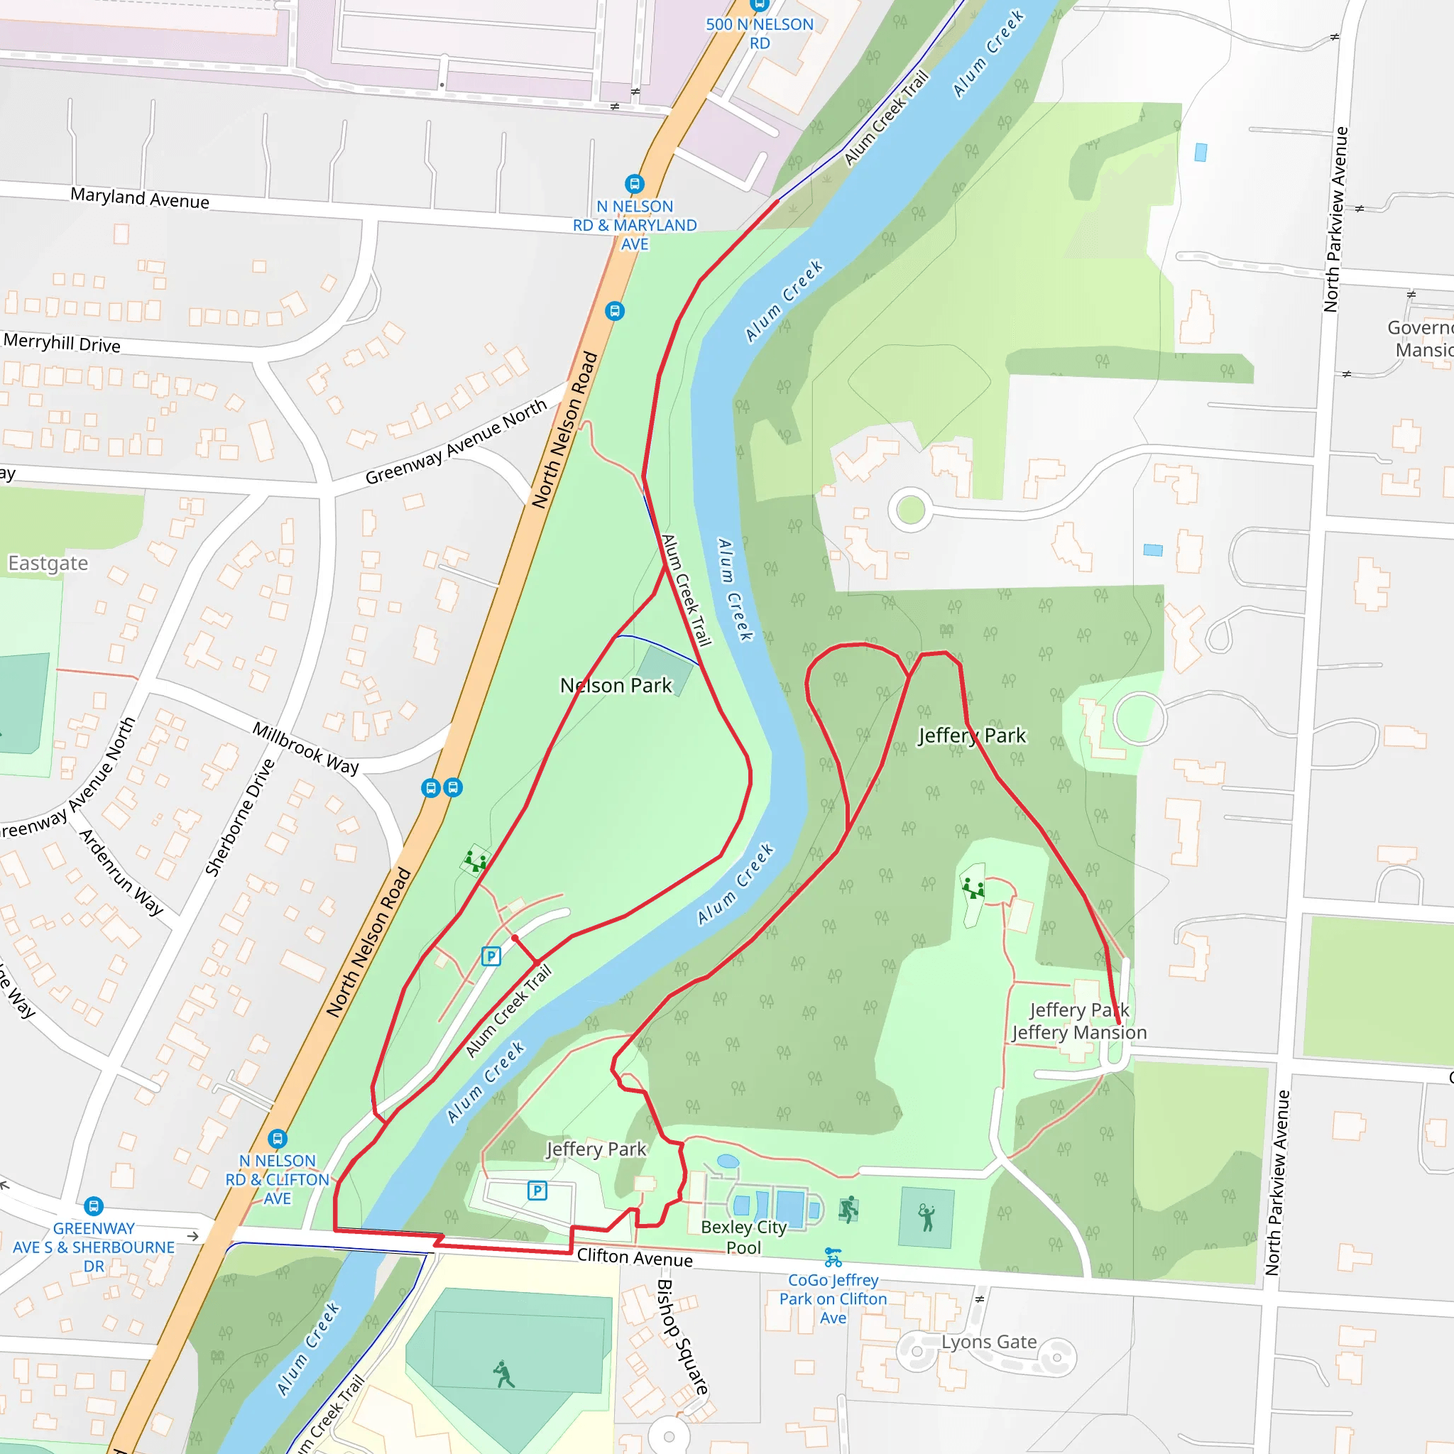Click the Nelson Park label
point(616,686)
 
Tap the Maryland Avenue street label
point(140,199)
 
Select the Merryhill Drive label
point(62,343)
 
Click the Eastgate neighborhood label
point(48,563)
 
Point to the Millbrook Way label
point(305,748)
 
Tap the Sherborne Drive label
point(240,818)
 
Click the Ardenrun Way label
point(121,873)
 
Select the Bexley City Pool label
point(743,1237)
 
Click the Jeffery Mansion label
point(1079,1033)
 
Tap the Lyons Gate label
point(989,1342)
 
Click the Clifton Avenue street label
point(635,1257)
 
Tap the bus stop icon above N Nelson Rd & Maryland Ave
point(635,184)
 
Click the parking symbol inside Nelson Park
point(491,956)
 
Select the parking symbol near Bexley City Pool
point(537,1191)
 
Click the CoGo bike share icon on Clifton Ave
point(832,1257)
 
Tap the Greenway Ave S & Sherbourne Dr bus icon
point(93,1207)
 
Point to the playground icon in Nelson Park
point(475,860)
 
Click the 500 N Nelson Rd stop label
point(760,33)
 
